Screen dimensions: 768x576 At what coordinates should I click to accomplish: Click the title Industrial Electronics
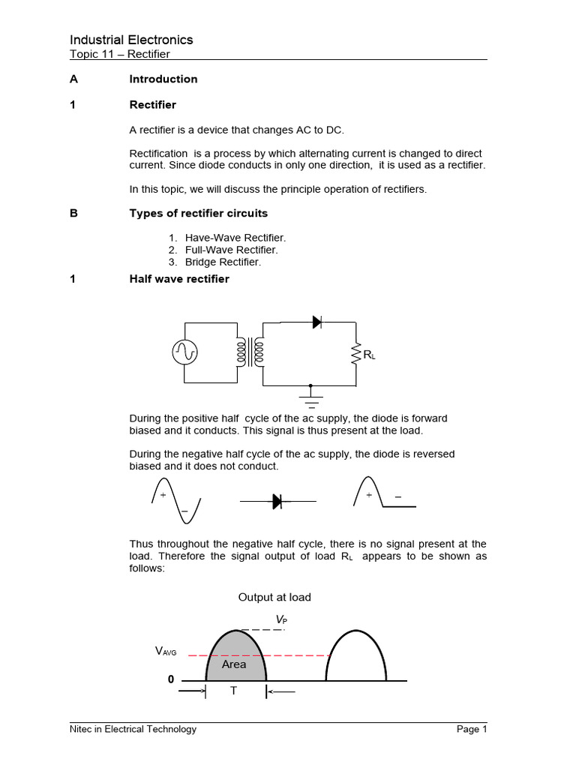coord(131,40)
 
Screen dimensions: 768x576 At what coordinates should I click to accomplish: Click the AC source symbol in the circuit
coord(184,352)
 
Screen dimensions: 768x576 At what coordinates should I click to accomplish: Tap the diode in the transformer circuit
coord(316,322)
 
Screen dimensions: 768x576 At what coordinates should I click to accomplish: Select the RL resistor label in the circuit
coord(369,355)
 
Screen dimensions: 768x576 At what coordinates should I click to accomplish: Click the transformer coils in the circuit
coord(250,352)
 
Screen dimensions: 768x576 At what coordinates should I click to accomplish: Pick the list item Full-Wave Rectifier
coord(231,250)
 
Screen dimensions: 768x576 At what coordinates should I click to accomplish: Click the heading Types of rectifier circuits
coord(198,213)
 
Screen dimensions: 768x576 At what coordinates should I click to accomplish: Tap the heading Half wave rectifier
coord(179,279)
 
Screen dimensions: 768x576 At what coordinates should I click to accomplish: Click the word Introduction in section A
coord(163,79)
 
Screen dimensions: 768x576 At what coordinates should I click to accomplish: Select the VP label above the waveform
coord(280,619)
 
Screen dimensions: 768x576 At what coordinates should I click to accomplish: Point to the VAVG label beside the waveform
coord(166,652)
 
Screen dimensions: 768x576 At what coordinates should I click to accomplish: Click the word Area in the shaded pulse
coord(234,664)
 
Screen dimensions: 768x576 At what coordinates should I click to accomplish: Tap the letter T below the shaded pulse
coord(233,691)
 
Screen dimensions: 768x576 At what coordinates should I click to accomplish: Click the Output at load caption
coord(274,597)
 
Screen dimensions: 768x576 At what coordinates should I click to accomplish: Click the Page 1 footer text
coord(472,729)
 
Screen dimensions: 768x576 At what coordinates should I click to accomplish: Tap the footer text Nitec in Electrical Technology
coord(133,729)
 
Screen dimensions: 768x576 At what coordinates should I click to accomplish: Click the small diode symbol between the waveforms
coord(277,502)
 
